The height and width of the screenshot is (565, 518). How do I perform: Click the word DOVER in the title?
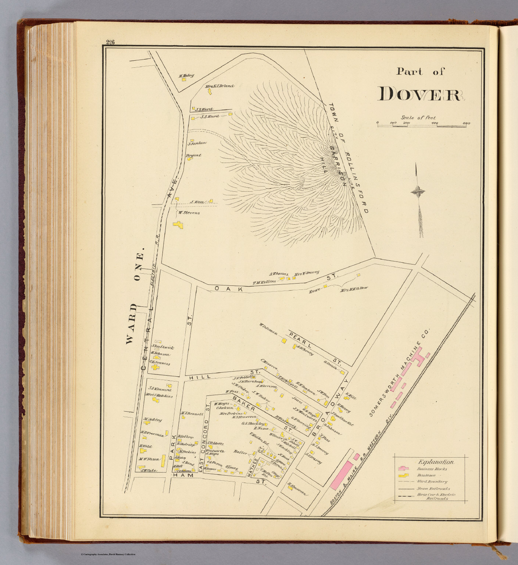click(x=420, y=94)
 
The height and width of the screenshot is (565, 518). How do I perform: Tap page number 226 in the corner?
click(x=110, y=42)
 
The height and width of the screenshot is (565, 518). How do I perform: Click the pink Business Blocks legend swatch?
click(x=403, y=469)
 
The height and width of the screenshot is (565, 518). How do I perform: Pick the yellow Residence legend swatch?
click(x=403, y=475)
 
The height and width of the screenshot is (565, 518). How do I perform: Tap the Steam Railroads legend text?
click(x=433, y=488)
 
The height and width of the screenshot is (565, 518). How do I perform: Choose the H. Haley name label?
click(x=186, y=76)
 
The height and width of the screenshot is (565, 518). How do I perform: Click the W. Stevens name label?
click(x=189, y=213)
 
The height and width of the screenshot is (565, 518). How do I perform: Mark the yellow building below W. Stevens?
click(x=179, y=225)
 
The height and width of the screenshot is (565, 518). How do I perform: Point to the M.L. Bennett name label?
click(x=192, y=414)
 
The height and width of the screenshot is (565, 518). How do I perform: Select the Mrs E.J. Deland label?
click(x=219, y=86)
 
